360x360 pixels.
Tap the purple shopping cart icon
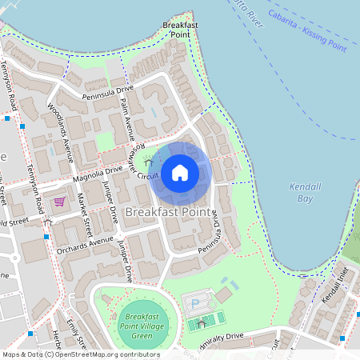[58, 202]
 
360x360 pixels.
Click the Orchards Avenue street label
[86, 242]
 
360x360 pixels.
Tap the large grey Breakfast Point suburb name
[169, 214]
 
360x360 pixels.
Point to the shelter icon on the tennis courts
[201, 323]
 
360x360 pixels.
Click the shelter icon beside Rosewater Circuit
[148, 163]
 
